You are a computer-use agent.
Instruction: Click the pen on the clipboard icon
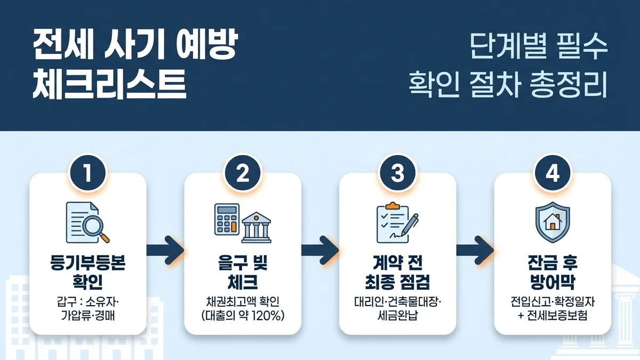coord(409,225)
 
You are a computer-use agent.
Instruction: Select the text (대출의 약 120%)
coord(243,315)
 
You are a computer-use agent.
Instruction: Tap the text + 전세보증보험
coord(553,315)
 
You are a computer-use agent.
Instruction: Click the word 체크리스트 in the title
coord(109,84)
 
